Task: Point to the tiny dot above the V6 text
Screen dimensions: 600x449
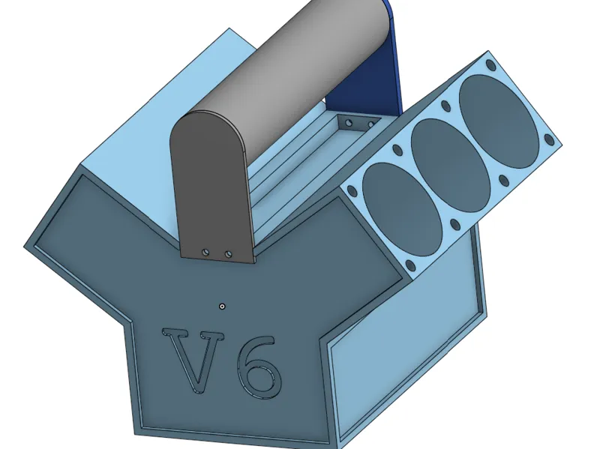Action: pyautogui.click(x=222, y=307)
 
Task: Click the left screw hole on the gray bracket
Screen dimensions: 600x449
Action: pyautogui.click(x=205, y=252)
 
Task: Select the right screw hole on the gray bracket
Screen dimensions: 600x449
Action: pyautogui.click(x=228, y=253)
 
